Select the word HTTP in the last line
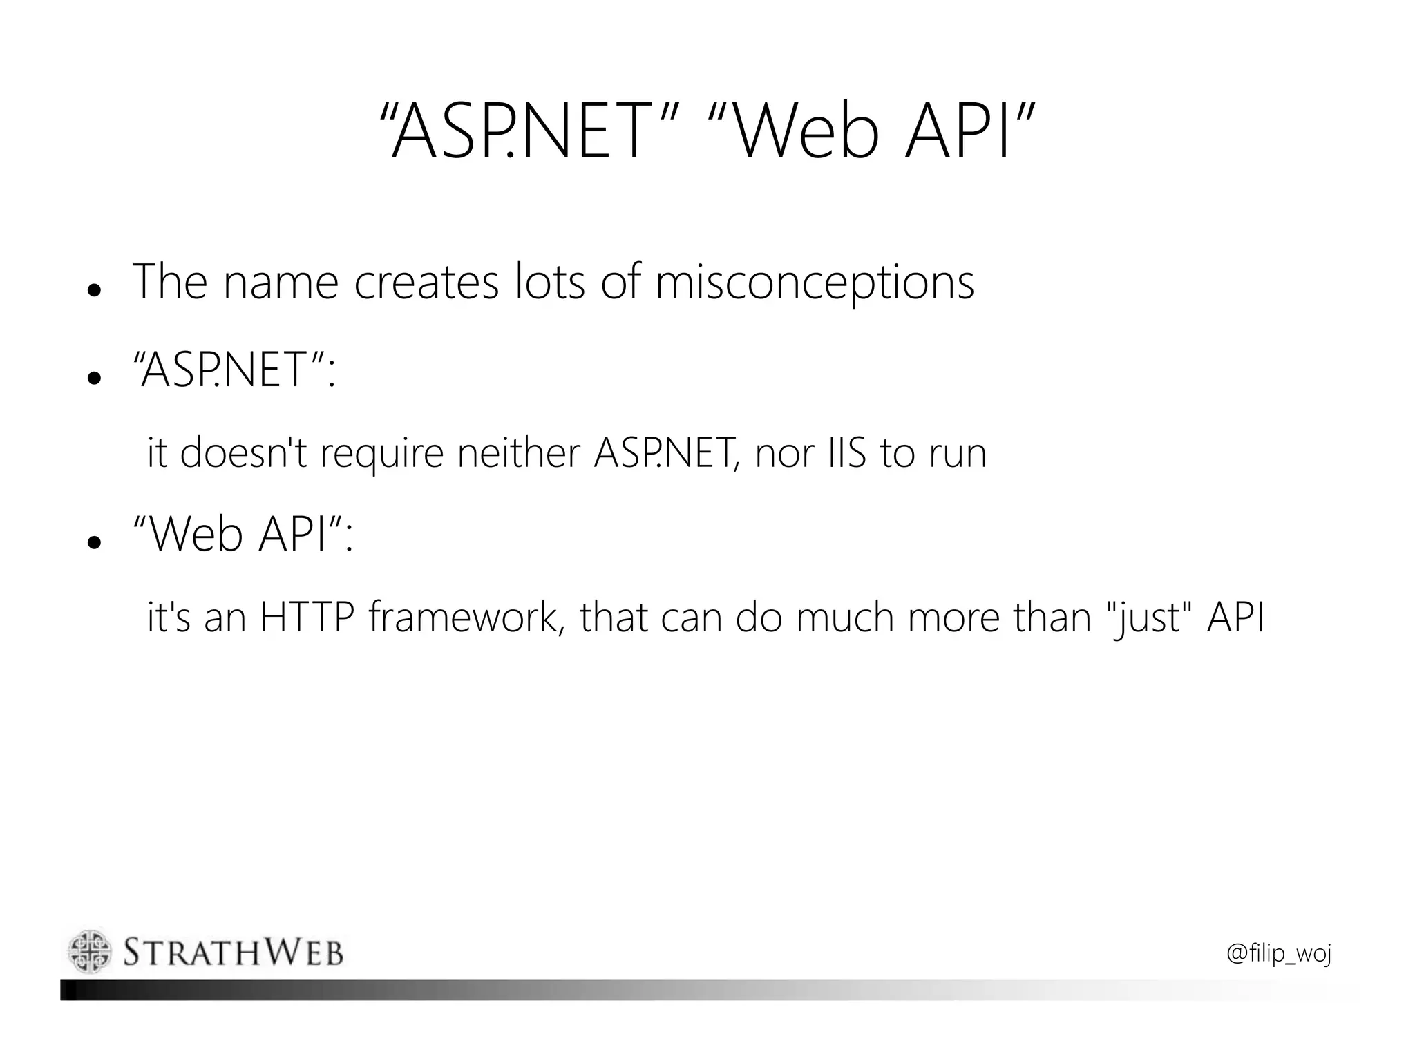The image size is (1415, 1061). coord(306,618)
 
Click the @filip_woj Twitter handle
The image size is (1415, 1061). coord(1278,954)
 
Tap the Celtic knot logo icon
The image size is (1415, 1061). coord(90,952)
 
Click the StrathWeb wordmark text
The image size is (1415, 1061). coord(234,953)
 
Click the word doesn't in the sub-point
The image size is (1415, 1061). coord(243,454)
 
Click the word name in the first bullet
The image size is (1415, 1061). coord(281,283)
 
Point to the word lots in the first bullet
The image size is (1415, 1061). coord(550,283)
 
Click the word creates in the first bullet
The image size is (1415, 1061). coord(426,283)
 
